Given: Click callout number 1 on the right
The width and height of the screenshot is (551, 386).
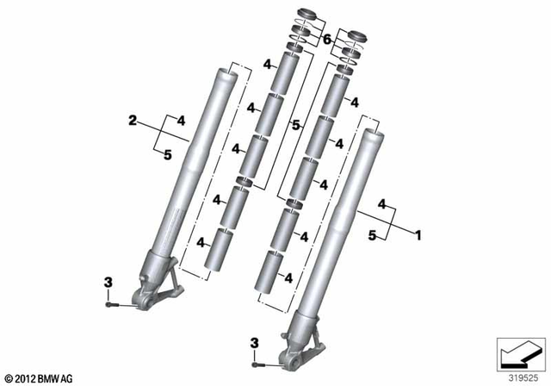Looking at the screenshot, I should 418,233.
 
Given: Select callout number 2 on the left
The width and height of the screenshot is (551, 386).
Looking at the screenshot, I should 133,122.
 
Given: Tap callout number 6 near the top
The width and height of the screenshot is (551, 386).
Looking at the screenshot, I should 326,40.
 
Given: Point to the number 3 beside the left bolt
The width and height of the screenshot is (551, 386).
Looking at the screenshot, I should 108,283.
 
